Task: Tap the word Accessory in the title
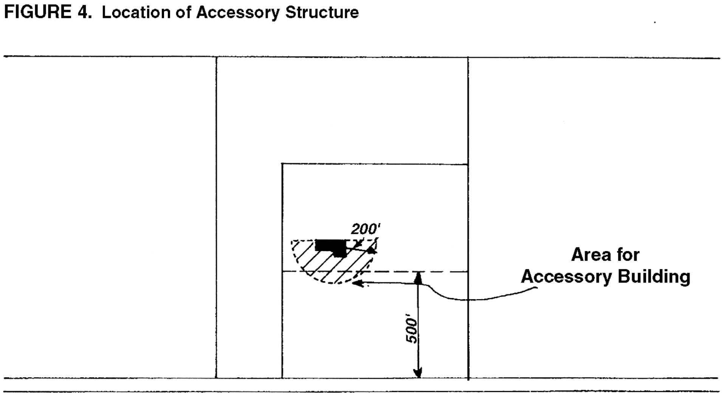pyautogui.click(x=238, y=13)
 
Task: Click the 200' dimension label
pyautogui.click(x=365, y=229)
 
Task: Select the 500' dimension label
pyautogui.click(x=412, y=331)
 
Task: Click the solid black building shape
pyautogui.click(x=330, y=246)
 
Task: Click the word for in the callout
pyautogui.click(x=627, y=255)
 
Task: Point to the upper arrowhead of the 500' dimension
pyautogui.click(x=418, y=278)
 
